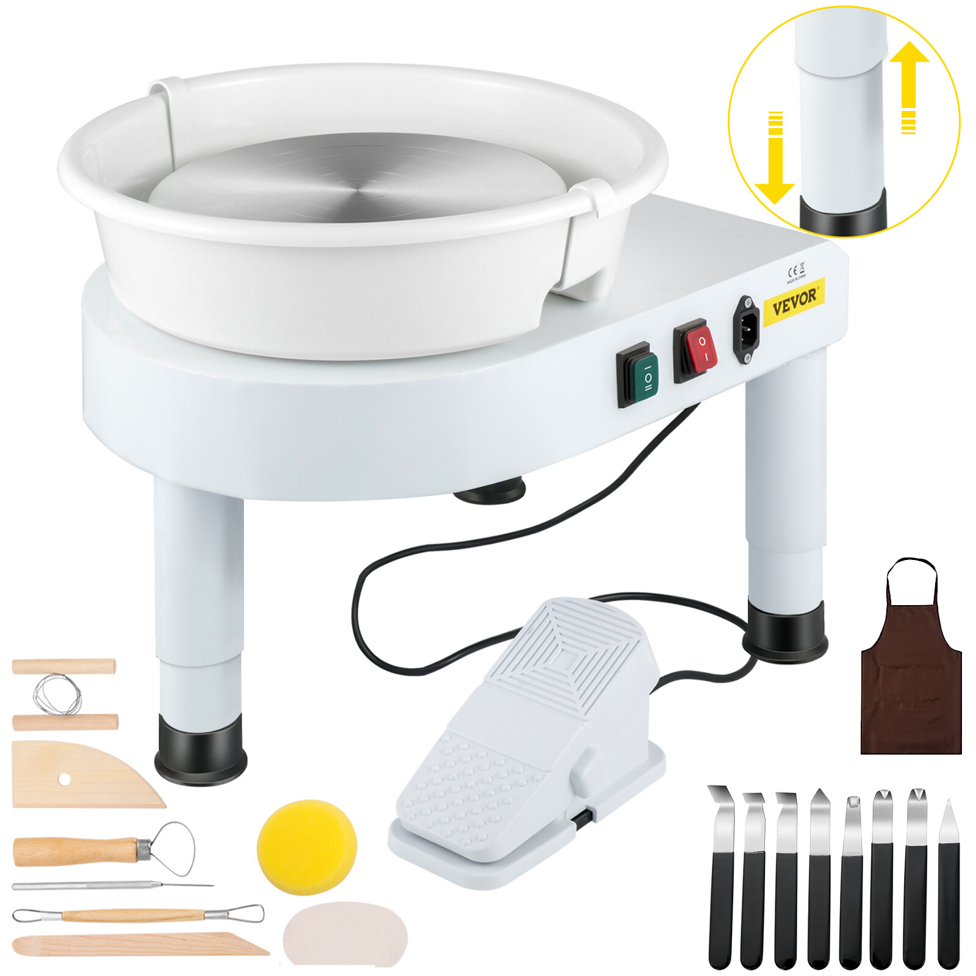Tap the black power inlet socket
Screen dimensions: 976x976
click(746, 329)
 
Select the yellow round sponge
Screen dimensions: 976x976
click(307, 847)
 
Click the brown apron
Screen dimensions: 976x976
click(911, 677)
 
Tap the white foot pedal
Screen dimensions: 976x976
click(531, 744)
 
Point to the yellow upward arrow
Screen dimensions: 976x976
click(909, 85)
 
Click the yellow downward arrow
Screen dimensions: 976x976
click(775, 159)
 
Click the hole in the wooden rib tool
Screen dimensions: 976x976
click(64, 779)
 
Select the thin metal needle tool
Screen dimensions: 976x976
click(110, 886)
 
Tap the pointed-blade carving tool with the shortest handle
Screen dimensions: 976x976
click(949, 884)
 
